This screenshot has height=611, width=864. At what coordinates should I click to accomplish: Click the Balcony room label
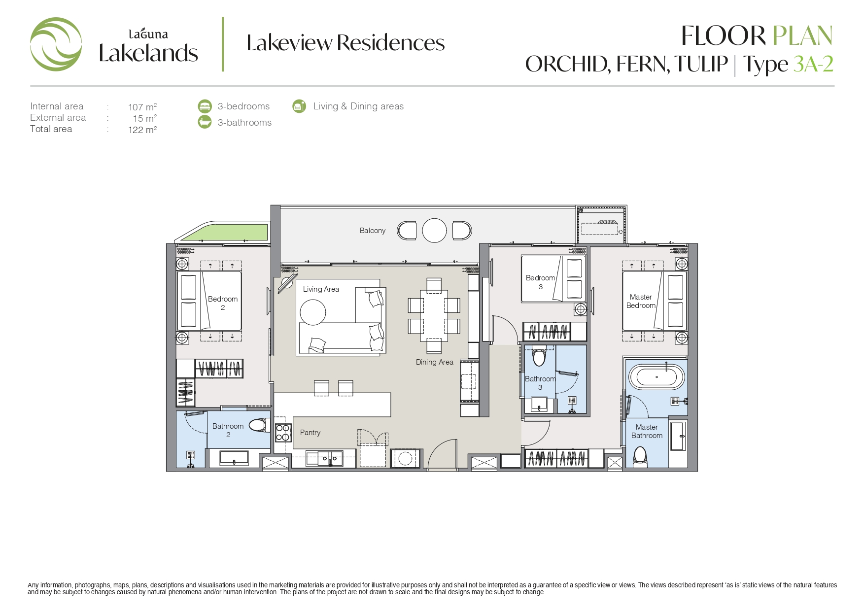click(372, 231)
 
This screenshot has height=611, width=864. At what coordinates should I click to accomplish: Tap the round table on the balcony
click(434, 230)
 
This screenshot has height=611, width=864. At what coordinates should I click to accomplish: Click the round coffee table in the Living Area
click(313, 312)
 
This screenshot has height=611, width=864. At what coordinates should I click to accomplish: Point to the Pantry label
click(310, 433)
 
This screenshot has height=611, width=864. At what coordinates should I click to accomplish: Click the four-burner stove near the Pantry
click(283, 433)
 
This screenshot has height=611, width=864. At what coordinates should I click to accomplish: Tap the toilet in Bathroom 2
click(259, 425)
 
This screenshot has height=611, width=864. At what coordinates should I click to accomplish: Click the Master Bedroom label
click(641, 301)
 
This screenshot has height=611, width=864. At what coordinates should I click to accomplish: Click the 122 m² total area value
click(142, 130)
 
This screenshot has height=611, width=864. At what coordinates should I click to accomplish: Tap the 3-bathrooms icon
click(205, 122)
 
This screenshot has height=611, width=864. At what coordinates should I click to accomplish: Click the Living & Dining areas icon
click(299, 106)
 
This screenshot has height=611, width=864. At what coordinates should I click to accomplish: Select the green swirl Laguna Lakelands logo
click(56, 44)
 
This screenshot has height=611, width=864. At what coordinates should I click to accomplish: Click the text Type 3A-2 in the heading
click(788, 65)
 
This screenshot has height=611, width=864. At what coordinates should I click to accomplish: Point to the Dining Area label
click(434, 362)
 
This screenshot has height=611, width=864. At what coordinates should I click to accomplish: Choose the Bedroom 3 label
click(540, 282)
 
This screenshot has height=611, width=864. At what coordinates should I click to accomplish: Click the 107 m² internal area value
click(142, 107)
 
